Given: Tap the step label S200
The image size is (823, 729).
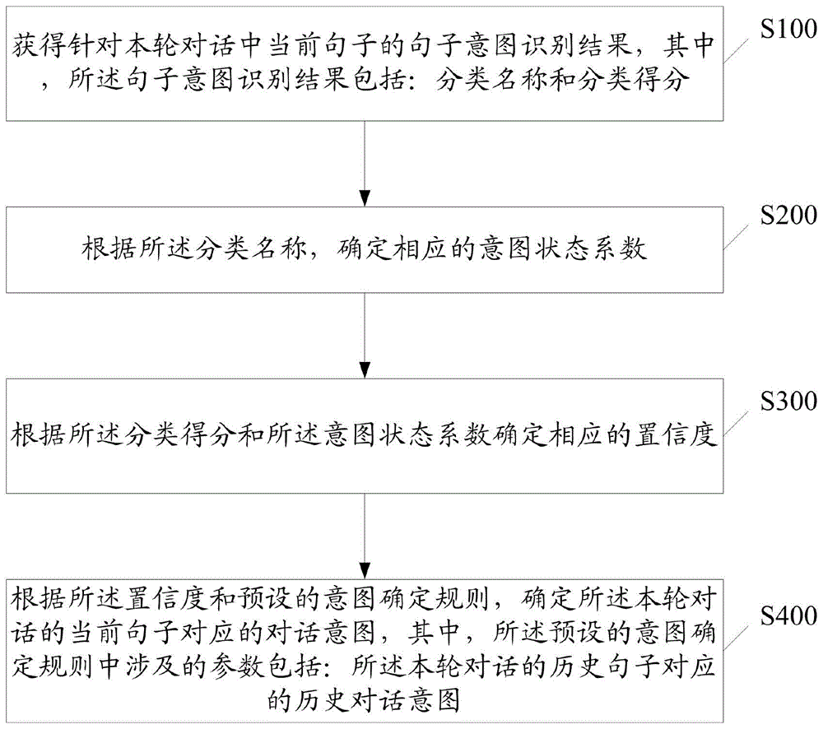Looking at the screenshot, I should tap(787, 217).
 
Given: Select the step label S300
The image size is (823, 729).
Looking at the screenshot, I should tap(787, 401).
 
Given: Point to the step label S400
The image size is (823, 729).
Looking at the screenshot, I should tap(787, 615).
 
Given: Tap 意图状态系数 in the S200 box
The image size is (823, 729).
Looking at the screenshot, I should tap(567, 249).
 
